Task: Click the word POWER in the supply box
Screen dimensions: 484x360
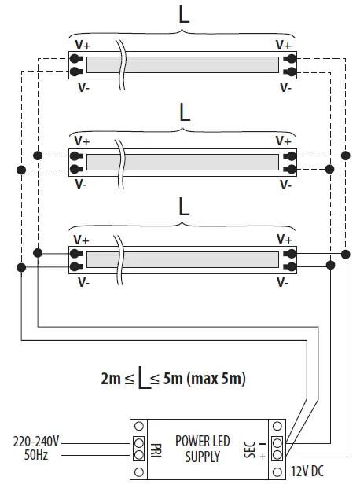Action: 192,442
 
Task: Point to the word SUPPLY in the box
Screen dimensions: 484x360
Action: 202,456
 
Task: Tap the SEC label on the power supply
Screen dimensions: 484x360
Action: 250,449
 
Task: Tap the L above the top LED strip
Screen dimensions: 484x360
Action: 184,16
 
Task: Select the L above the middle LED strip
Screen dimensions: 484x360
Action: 184,112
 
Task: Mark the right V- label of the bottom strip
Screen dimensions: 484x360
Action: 285,280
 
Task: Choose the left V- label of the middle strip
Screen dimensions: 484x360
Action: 82,185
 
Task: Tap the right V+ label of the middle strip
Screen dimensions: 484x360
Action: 285,141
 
